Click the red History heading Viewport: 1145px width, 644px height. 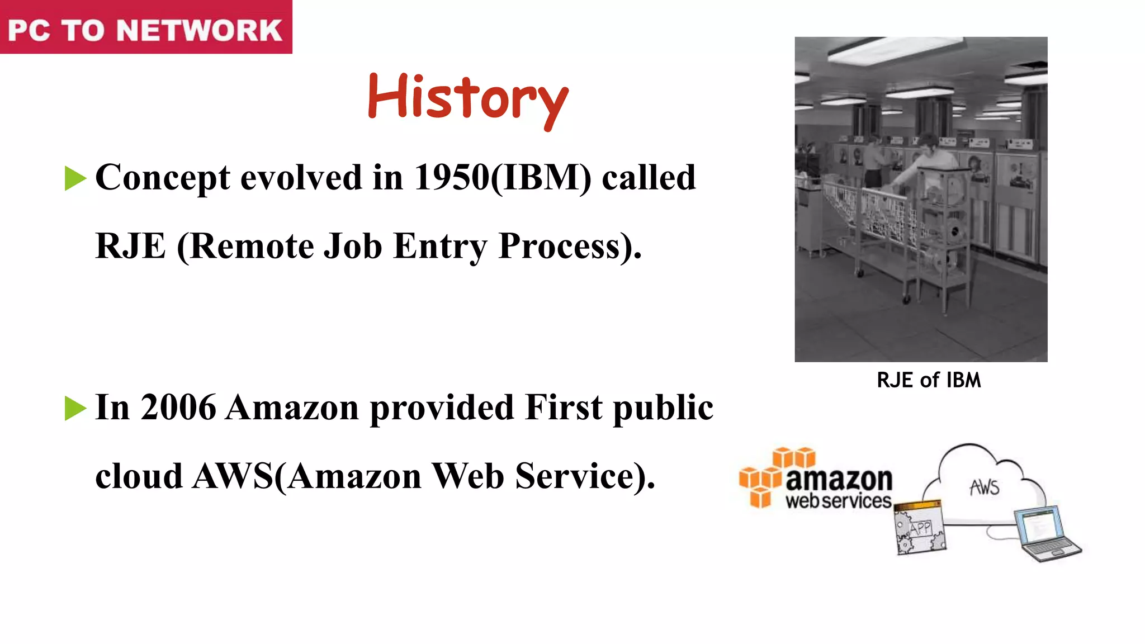(x=468, y=99)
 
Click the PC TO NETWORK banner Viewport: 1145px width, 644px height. (x=145, y=29)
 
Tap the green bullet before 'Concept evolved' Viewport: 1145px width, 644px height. (x=75, y=179)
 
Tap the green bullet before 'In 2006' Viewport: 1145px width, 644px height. (x=75, y=408)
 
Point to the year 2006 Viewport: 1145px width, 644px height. (x=178, y=407)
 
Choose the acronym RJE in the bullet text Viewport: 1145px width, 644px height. (x=131, y=246)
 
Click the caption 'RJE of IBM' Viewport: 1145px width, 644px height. (x=929, y=380)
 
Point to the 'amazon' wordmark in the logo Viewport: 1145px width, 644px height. (x=839, y=479)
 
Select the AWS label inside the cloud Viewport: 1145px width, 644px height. (x=985, y=487)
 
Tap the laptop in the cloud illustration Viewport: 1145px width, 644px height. (x=1047, y=533)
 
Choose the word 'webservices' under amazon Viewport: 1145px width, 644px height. (x=838, y=501)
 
